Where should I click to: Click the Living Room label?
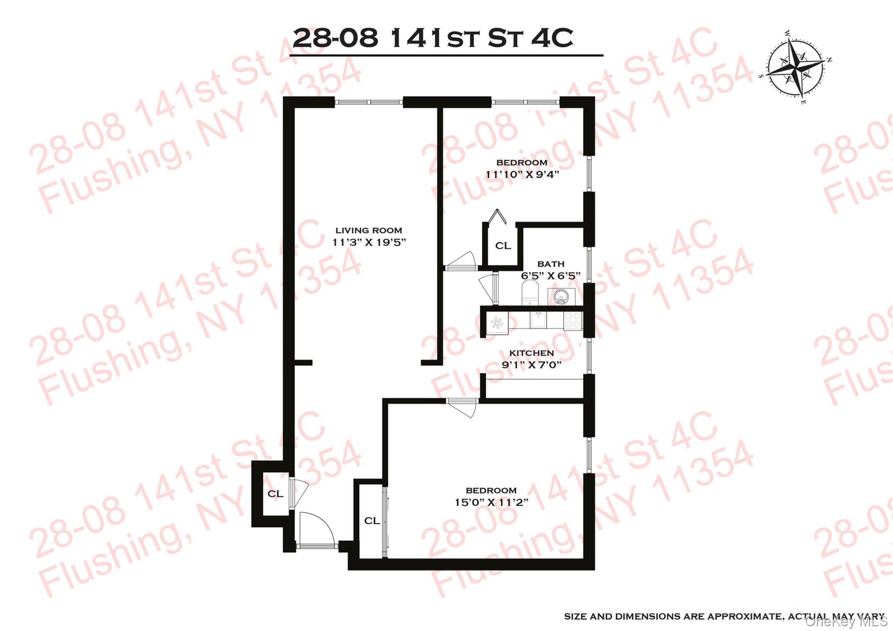pos(368,231)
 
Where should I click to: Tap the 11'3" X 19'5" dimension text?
pos(369,242)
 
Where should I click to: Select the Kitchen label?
pos(532,353)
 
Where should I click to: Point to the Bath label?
pos(551,264)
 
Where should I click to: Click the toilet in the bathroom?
pos(530,293)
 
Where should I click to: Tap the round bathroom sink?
pos(561,298)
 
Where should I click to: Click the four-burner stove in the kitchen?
pos(573,321)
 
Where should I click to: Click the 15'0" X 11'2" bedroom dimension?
pos(491,502)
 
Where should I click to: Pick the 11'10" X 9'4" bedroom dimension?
pos(522,175)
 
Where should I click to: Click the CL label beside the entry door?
pos(275,494)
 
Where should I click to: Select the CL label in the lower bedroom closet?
pos(372,521)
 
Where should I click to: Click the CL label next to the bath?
pos(503,246)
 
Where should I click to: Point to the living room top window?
pos(368,102)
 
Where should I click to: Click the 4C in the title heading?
pos(552,38)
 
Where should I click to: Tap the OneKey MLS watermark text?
pos(845,622)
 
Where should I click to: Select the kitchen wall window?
pos(589,356)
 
